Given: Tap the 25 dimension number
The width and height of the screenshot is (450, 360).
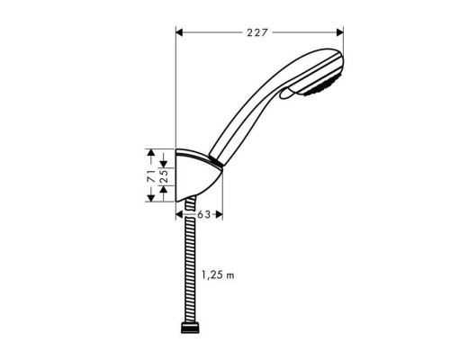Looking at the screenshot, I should click(164, 172).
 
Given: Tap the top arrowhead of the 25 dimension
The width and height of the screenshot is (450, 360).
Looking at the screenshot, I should click(164, 162).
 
